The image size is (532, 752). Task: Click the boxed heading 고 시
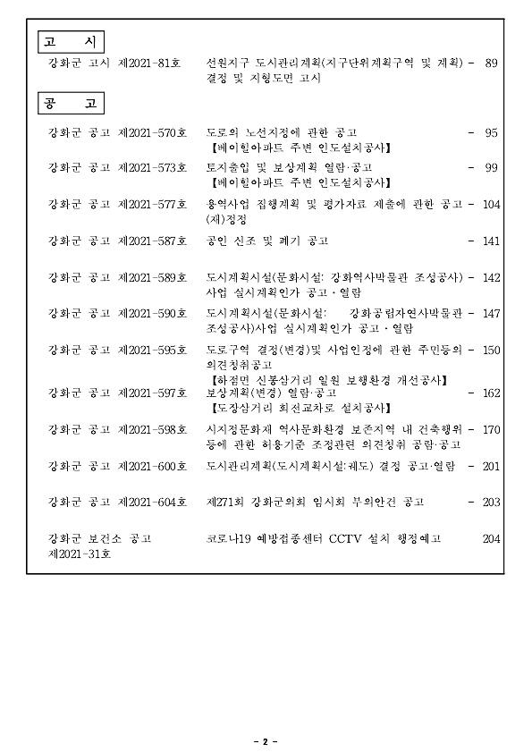72,42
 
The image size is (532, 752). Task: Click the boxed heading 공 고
72,104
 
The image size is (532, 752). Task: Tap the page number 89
491,63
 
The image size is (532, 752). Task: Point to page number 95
491,132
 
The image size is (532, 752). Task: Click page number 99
491,167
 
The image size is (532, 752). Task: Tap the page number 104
491,204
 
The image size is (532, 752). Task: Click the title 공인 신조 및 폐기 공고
267,241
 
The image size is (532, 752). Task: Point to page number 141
491,241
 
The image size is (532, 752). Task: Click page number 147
491,314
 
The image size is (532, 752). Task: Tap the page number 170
491,430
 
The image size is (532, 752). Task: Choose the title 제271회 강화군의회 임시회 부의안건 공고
315,503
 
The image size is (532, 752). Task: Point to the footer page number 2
266,741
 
